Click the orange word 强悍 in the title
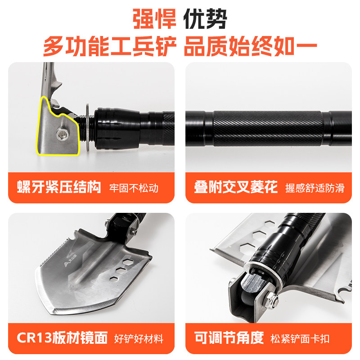point(153,20)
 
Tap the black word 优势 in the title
point(205,20)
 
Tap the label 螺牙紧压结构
point(59,187)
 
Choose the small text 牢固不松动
point(134,188)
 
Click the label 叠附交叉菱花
point(236,187)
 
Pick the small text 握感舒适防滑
point(315,188)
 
